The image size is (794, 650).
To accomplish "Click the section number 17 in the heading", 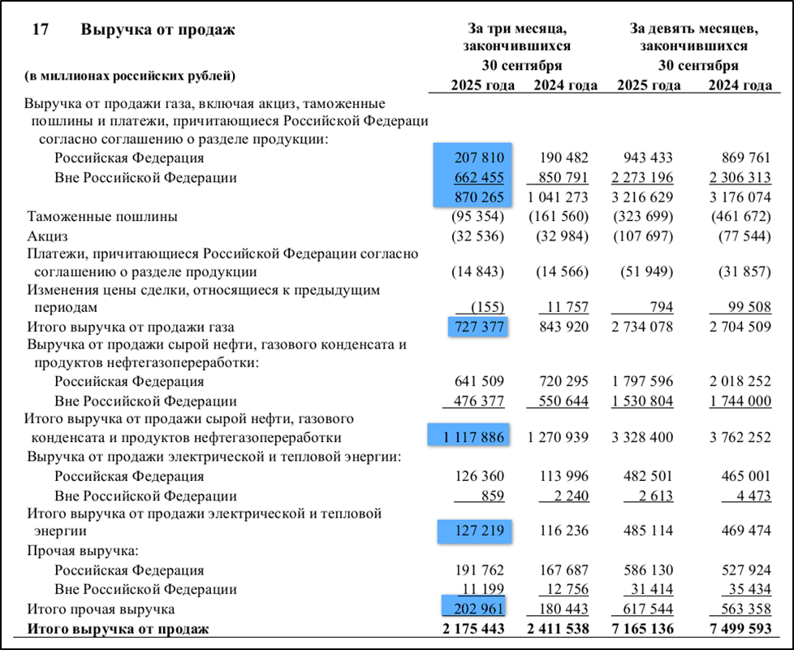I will coord(41,30).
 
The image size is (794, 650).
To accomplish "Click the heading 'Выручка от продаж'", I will coord(158,30).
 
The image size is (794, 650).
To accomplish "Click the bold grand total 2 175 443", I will coord(473,628).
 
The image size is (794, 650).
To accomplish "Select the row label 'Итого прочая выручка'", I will coord(101,609).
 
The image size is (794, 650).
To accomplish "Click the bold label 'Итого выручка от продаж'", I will coord(118,628).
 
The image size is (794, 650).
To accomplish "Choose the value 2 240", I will coord(571,496).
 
